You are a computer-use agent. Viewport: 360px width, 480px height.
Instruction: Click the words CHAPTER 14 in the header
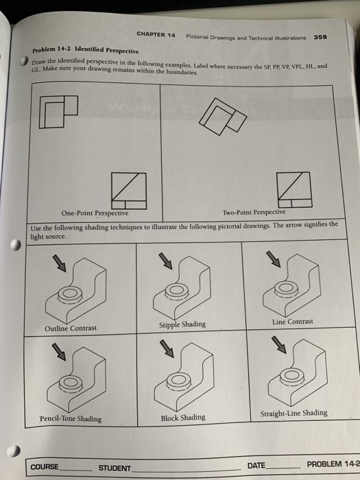coord(156,34)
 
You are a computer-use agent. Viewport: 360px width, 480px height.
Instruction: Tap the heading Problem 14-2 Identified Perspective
coord(86,51)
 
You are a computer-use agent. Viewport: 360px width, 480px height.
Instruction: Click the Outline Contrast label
coord(71,328)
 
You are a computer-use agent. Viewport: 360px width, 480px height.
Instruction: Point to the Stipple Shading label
coord(182,324)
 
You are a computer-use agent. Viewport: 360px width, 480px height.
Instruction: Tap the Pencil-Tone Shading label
coord(70,418)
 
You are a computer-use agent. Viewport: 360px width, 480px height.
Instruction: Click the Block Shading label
coord(182,417)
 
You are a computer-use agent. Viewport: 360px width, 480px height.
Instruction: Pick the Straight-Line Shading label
coord(294,413)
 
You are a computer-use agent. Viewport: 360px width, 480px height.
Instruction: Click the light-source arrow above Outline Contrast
coord(60,263)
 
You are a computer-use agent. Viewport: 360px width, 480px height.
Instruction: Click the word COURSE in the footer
coord(45,467)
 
